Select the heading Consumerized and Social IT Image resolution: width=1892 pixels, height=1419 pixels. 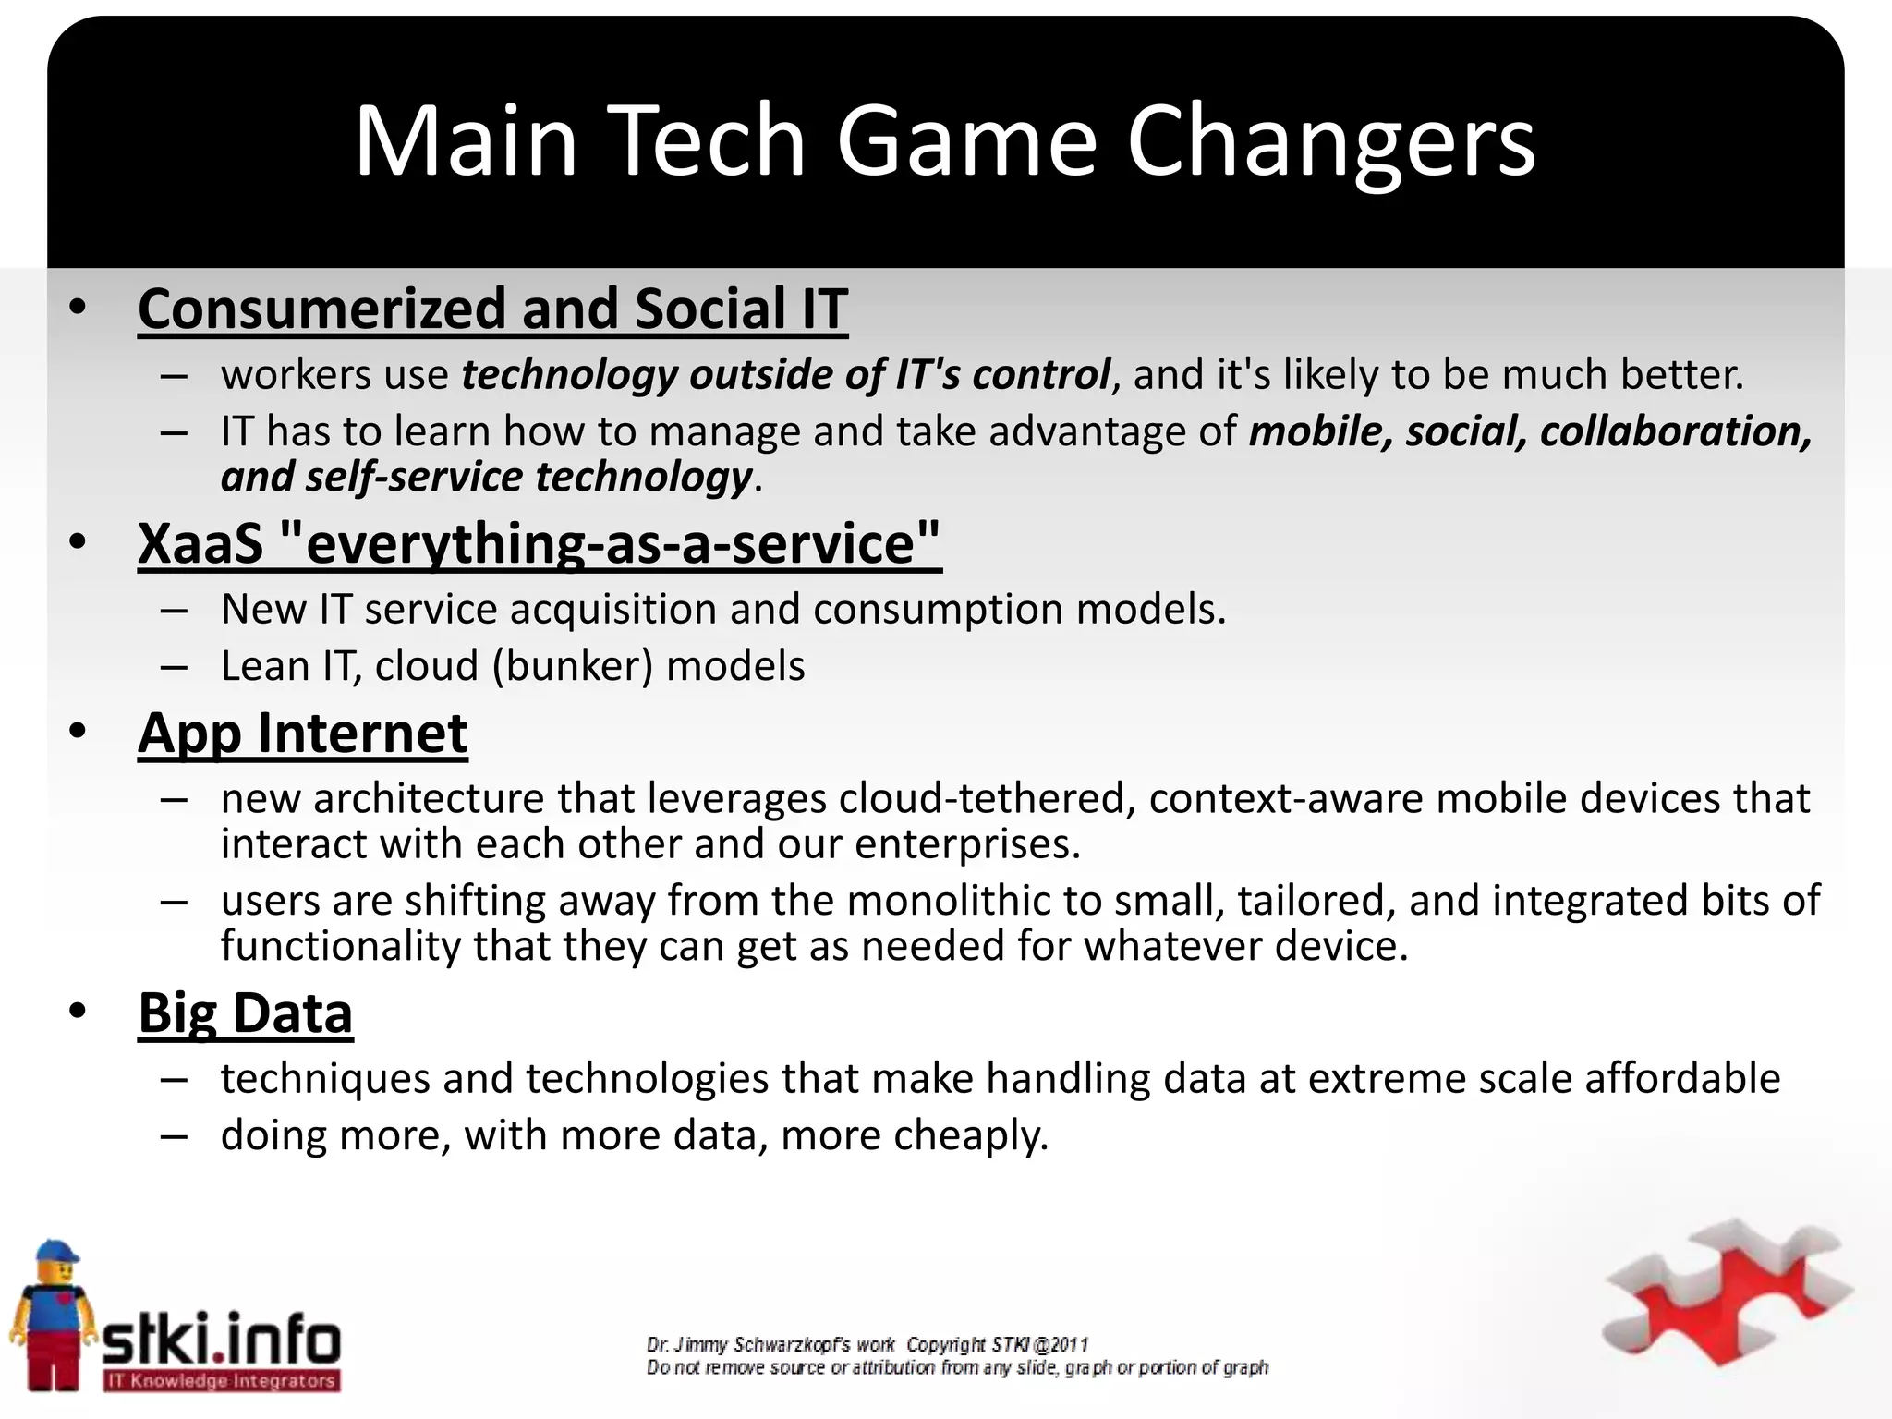[x=492, y=309]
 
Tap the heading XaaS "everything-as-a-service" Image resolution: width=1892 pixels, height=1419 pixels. [x=540, y=543]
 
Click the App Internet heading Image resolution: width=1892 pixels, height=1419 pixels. [x=303, y=734]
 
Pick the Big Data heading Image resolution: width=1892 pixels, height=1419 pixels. [x=246, y=1013]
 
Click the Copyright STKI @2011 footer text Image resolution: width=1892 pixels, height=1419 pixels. [x=998, y=1345]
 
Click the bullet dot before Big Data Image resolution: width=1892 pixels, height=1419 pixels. [x=78, y=1013]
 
